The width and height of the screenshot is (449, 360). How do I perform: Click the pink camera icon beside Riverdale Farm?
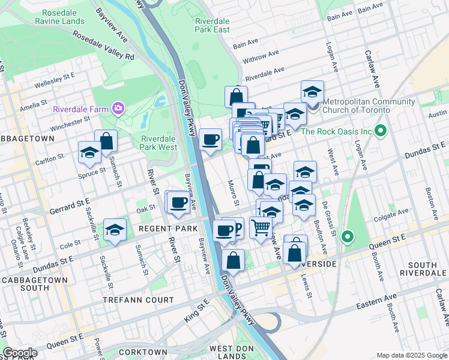[x=119, y=109]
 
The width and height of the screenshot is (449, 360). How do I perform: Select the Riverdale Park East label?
[x=212, y=25]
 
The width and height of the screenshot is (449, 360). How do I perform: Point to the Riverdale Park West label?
[x=158, y=142]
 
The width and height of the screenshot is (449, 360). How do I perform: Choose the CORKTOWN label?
[x=143, y=352]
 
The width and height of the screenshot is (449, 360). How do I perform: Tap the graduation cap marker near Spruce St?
[x=89, y=152]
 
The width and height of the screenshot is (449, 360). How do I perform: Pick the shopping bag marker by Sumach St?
[x=106, y=142]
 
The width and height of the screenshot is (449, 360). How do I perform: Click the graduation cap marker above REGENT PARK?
[x=115, y=230]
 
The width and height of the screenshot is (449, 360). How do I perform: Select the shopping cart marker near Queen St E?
[x=261, y=227]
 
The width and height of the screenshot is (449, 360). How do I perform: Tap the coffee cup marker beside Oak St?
[x=178, y=202]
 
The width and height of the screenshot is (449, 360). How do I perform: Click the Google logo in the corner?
[x=20, y=353]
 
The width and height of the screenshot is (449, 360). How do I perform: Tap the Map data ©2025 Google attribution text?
[x=412, y=355]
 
